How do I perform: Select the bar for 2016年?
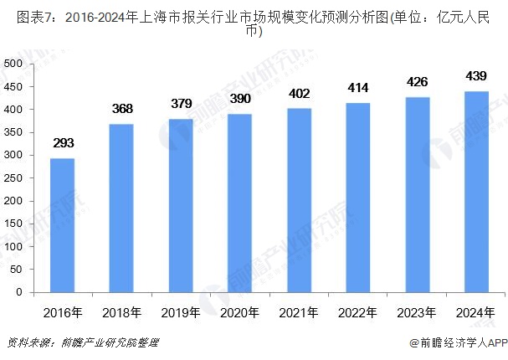[x=62, y=226]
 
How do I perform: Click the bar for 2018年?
[x=121, y=208]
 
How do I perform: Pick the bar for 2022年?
[x=357, y=198]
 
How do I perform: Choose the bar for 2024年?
[x=475, y=192]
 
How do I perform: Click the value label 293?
[x=62, y=143]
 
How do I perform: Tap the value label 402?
[x=299, y=93]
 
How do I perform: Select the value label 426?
[x=417, y=82]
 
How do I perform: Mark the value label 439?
[x=475, y=76]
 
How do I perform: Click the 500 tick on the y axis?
[x=13, y=64]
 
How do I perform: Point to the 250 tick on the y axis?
[x=13, y=178]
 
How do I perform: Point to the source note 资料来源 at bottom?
[x=81, y=343]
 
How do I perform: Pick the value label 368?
[x=121, y=109]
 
